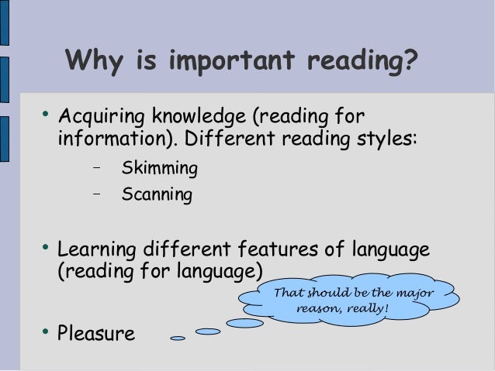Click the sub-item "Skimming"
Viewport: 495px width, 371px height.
[159, 168]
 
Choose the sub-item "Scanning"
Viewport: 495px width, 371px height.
[157, 194]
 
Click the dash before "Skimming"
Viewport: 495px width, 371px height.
[97, 167]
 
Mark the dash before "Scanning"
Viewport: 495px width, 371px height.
[97, 192]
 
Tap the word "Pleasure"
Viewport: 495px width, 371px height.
[96, 335]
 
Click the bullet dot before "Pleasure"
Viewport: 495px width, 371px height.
[46, 333]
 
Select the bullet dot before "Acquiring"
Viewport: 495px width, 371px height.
[46, 118]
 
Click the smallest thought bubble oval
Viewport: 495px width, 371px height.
[178, 338]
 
